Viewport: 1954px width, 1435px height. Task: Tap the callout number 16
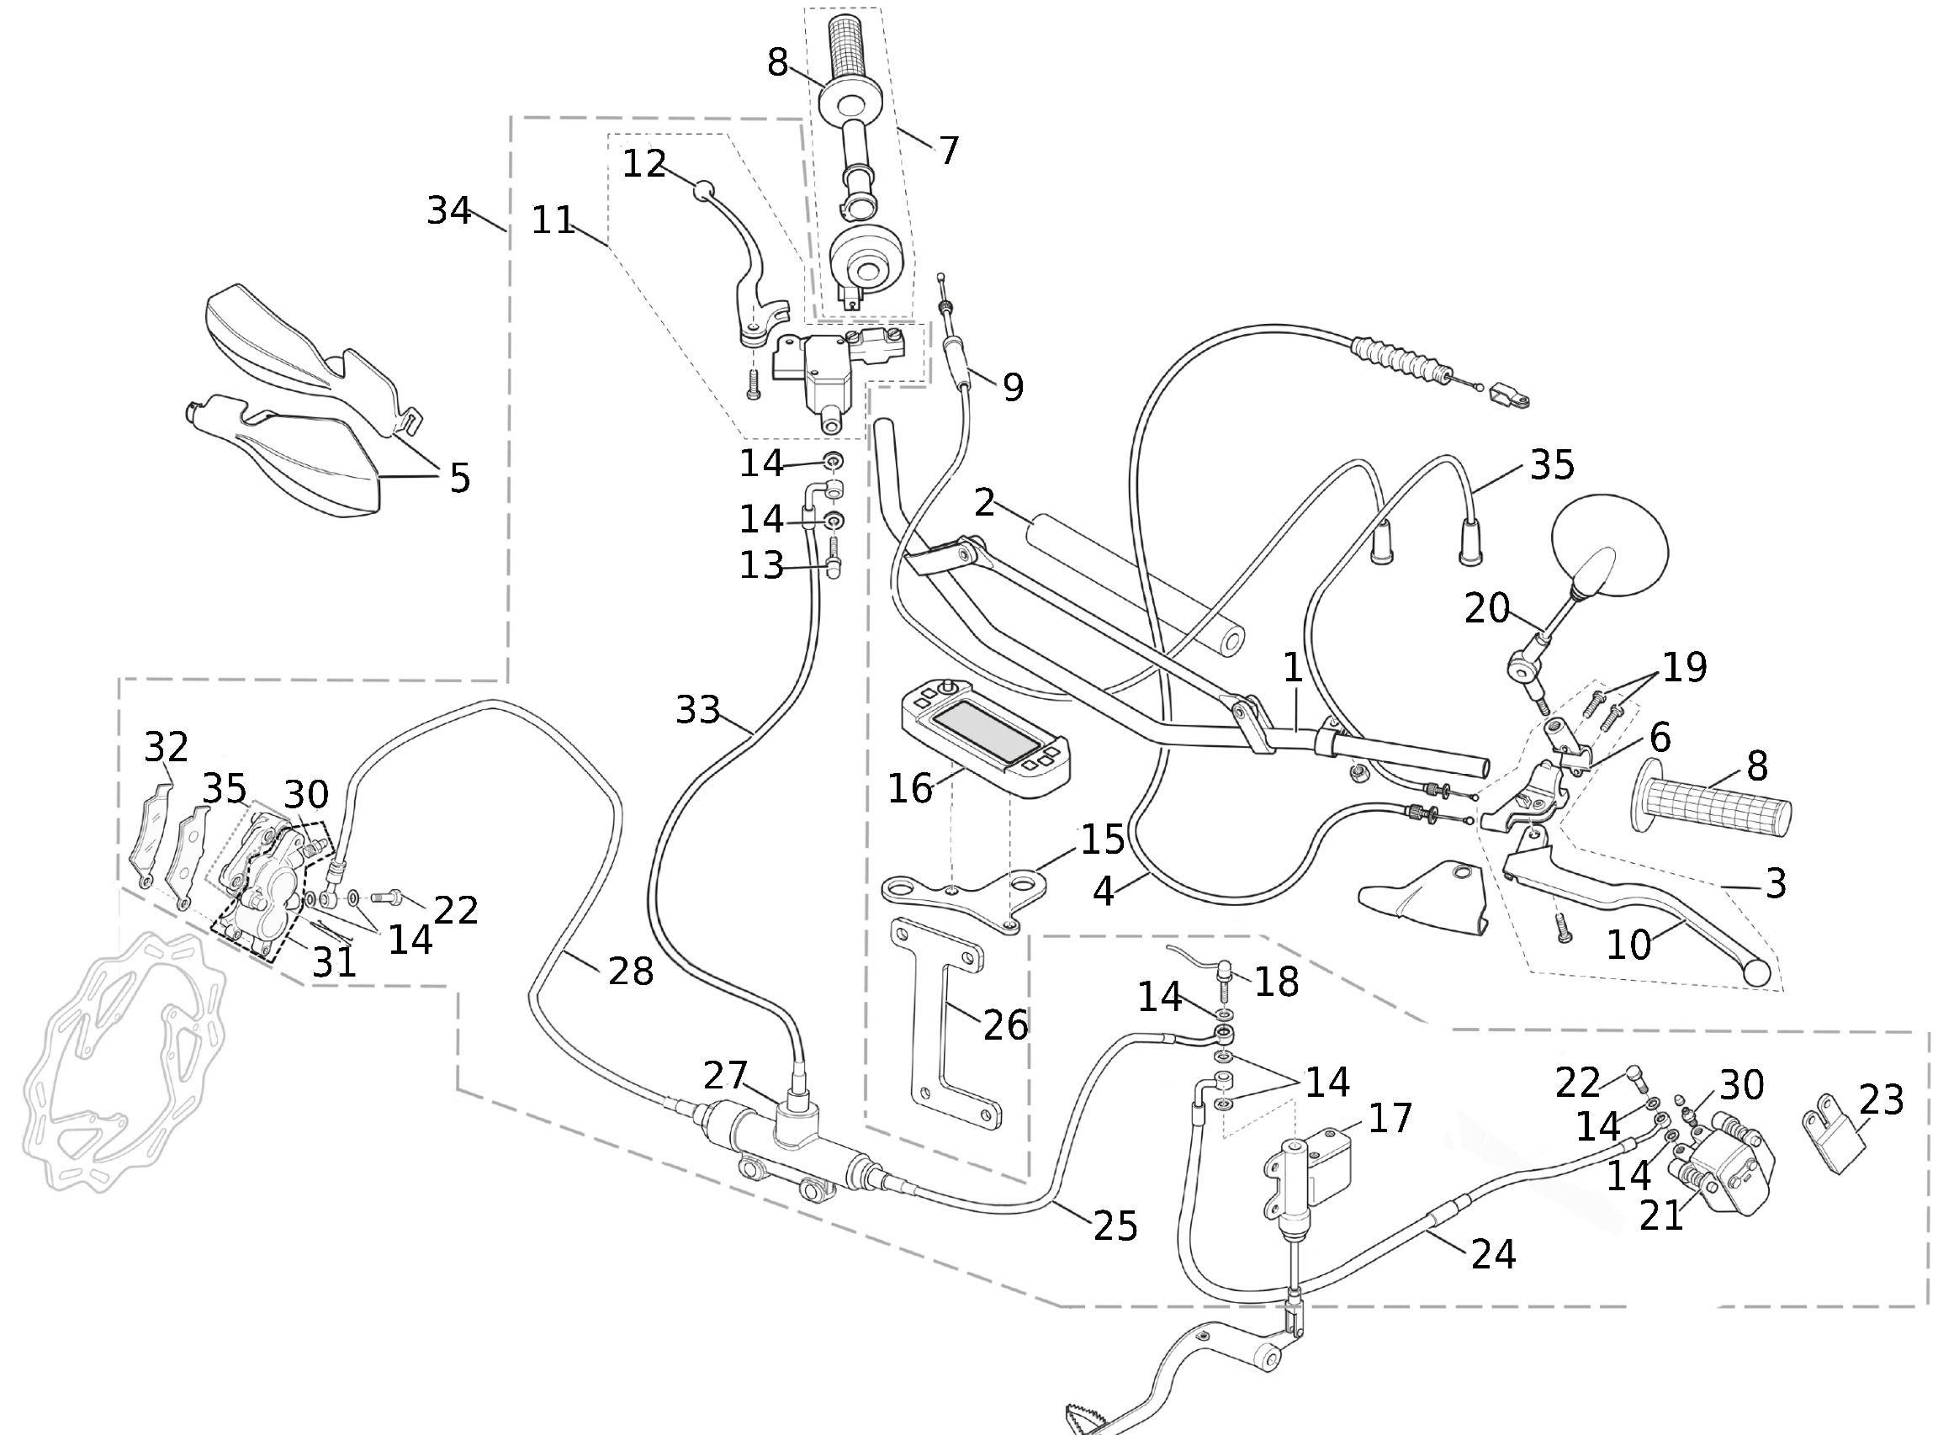tap(909, 789)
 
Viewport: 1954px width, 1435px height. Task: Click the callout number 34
tap(449, 211)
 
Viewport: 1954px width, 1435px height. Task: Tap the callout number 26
tap(1006, 1026)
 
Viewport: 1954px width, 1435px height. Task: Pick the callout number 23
tap(1881, 1099)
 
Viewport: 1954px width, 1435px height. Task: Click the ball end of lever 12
tap(702, 189)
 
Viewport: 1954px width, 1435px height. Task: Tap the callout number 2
tap(984, 502)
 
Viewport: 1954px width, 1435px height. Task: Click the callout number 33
tap(697, 711)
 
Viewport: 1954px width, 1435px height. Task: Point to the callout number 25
tap(1115, 1226)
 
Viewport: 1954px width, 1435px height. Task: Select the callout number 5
tap(459, 478)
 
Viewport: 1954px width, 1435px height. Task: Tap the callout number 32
tap(166, 746)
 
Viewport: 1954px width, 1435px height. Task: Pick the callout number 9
tap(1013, 388)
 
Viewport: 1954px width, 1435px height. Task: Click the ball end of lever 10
tap(1757, 974)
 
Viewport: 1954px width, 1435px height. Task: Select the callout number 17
tap(1390, 1118)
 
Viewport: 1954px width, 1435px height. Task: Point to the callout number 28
tap(631, 971)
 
